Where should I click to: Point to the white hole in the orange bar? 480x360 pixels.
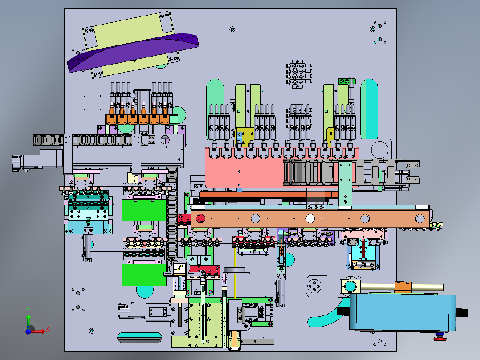(x=310, y=218)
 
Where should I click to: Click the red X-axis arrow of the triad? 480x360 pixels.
(x=40, y=331)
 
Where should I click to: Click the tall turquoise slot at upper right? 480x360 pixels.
(x=369, y=107)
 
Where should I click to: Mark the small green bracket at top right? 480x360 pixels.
(x=343, y=82)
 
